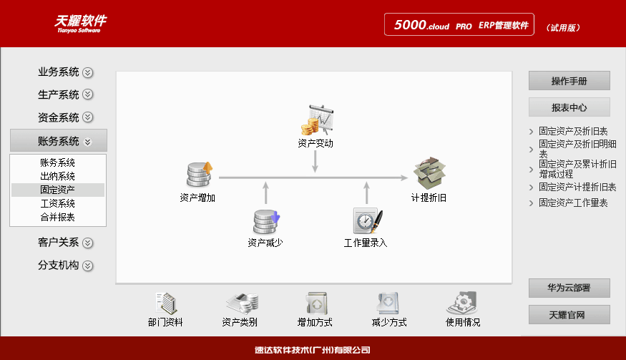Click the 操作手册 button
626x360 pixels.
[x=569, y=81]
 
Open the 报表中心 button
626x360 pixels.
[x=569, y=107]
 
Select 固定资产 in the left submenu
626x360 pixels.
[x=58, y=190]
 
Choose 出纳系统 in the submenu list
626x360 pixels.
[x=58, y=176]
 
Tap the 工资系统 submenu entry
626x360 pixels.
[x=58, y=203]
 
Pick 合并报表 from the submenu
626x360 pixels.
[x=58, y=217]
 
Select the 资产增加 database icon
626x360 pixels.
[x=199, y=175]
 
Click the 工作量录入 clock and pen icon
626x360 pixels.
[x=366, y=220]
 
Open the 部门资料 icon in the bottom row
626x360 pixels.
[x=165, y=303]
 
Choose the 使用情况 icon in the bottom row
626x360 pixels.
[x=463, y=303]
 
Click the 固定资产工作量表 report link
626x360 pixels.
[x=573, y=203]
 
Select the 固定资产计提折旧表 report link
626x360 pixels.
[x=577, y=187]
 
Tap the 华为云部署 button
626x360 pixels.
[x=569, y=288]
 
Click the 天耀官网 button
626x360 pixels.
[x=569, y=315]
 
